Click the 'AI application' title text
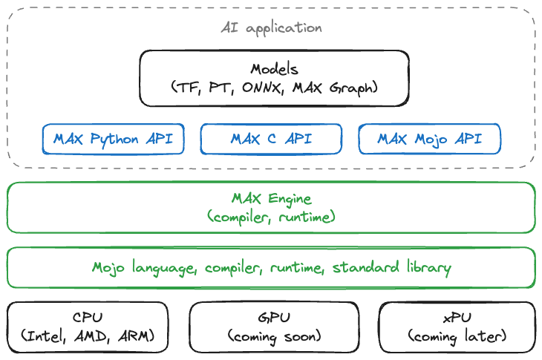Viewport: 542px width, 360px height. (x=271, y=28)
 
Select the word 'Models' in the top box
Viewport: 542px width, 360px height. (x=274, y=70)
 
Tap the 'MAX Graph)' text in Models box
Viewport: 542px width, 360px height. (x=336, y=88)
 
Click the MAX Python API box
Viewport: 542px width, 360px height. (x=113, y=139)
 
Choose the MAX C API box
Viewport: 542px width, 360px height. (x=271, y=139)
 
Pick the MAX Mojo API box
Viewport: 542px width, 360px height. (x=429, y=139)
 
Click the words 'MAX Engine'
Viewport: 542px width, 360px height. (x=271, y=199)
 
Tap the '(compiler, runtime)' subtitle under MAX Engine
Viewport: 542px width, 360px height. (x=271, y=217)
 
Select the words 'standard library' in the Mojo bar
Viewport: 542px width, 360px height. (x=391, y=267)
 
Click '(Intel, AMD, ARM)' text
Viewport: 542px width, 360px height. (x=88, y=336)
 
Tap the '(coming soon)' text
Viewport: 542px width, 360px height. (x=274, y=336)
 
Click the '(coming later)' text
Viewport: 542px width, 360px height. (x=457, y=336)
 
